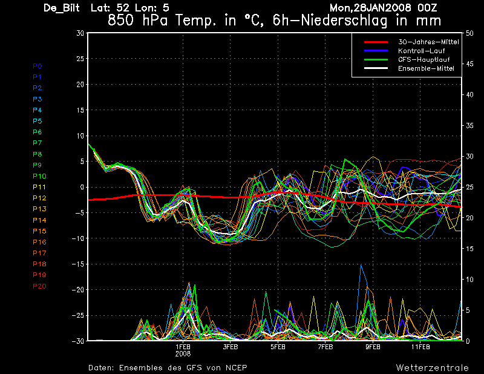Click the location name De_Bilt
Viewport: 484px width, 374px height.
tap(62, 8)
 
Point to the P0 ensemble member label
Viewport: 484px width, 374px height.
tap(37, 66)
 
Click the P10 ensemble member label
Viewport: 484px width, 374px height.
tap(39, 176)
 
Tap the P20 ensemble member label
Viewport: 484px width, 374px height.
tap(39, 286)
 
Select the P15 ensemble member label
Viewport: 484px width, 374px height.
tap(39, 231)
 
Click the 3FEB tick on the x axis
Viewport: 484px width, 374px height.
tap(231, 347)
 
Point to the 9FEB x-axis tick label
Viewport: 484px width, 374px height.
tap(373, 347)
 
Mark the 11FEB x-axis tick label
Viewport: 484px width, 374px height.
tap(420, 347)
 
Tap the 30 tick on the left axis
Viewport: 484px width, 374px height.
tap(80, 33)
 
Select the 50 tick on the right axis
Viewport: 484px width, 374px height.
tap(469, 33)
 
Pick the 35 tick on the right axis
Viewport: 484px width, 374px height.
tap(469, 126)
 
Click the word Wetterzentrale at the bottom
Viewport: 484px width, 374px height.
tap(432, 367)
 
